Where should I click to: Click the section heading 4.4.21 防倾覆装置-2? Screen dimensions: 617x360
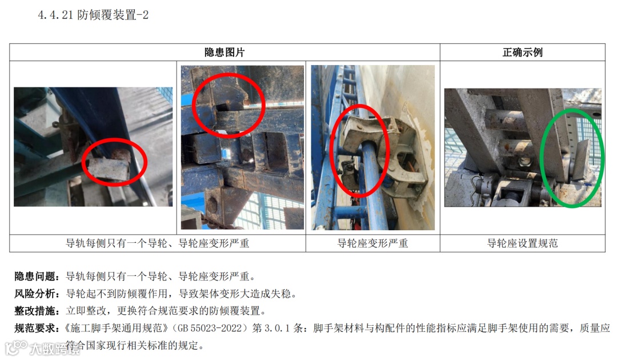tap(93, 15)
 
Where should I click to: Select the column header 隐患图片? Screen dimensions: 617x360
tap(225, 53)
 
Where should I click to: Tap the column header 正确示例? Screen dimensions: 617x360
tap(522, 53)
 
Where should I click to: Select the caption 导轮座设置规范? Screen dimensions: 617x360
tap(522, 243)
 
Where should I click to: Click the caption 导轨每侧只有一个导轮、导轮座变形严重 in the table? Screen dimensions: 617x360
tap(158, 243)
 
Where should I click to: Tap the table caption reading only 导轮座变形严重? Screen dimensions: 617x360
tap(372, 243)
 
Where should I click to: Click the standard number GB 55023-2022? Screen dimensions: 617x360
tap(210, 328)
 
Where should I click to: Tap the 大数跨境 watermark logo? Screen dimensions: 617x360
tap(42, 348)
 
